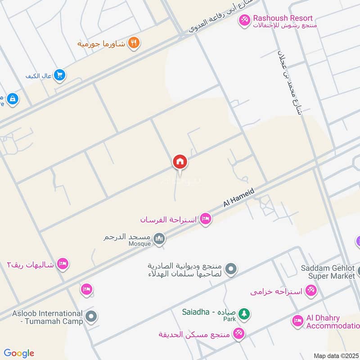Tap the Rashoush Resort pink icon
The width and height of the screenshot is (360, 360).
pyautogui.click(x=244, y=21)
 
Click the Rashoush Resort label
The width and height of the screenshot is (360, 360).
pyautogui.click(x=283, y=18)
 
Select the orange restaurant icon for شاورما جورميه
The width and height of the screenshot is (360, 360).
pyautogui.click(x=134, y=43)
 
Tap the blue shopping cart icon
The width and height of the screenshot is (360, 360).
pyautogui.click(x=59, y=76)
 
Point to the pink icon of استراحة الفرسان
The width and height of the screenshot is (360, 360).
pyautogui.click(x=206, y=219)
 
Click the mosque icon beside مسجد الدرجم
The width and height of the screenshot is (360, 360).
pyautogui.click(x=159, y=238)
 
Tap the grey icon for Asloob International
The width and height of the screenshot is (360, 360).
pyautogui.click(x=91, y=317)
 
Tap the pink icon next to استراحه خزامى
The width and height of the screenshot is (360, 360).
pyautogui.click(x=310, y=291)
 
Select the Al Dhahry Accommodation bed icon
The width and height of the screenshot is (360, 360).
pyautogui.click(x=297, y=321)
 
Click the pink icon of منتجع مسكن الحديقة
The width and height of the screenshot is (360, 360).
pyautogui.click(x=238, y=334)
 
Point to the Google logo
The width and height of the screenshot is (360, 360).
pyautogui.click(x=19, y=353)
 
